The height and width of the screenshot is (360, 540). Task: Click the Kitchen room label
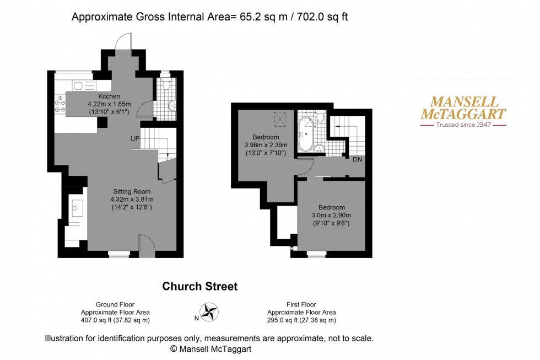point(109,96)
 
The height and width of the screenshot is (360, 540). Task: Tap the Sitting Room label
point(132,191)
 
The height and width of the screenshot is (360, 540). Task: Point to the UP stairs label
point(135,138)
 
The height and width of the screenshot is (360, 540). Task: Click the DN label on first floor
point(358,159)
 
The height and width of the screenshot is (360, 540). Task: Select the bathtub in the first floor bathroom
point(305,134)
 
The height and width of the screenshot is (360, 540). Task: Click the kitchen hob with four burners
point(60,104)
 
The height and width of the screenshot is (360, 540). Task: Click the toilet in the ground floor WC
point(166,84)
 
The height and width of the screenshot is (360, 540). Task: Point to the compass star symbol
point(209,312)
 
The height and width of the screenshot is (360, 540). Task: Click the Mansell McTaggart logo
point(463,111)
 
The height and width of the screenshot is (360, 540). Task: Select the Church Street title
point(199,286)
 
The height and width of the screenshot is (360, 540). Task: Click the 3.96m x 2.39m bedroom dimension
point(266,145)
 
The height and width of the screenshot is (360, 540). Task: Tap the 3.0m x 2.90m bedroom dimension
point(331,216)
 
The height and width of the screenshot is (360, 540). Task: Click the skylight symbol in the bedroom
point(280,119)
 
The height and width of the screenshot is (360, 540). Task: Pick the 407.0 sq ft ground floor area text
point(115,320)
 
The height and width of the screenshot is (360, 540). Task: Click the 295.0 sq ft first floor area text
point(301,320)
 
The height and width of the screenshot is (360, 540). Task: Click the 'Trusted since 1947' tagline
point(463,125)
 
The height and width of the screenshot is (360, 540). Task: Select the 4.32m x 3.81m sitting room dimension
point(132,199)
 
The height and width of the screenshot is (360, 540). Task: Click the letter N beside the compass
point(196,318)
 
